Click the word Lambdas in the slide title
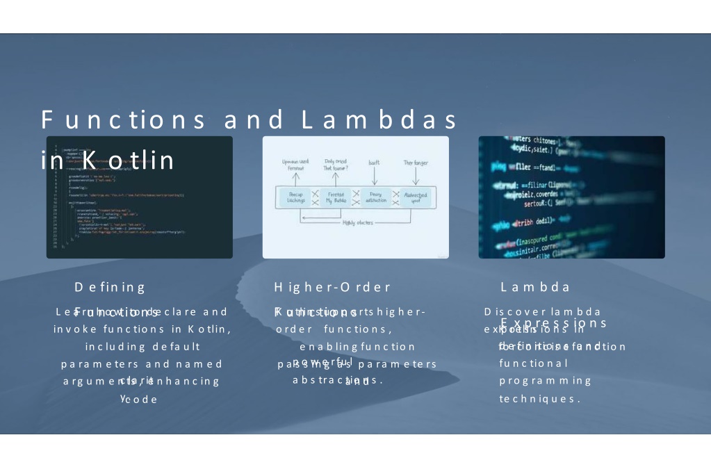[x=380, y=120]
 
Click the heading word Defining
[x=110, y=287]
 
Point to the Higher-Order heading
[x=332, y=287]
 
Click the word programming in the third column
[x=545, y=381]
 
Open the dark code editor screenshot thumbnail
[x=140, y=197]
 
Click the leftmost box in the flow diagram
[x=296, y=197]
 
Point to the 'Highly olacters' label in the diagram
[x=359, y=222]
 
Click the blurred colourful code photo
[x=571, y=197]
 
